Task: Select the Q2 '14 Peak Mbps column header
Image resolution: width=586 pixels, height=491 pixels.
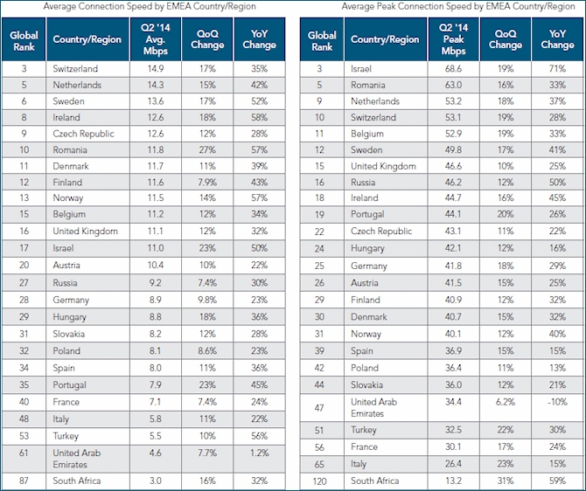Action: coord(453,39)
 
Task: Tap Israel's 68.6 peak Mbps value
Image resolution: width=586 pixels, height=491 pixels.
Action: coord(453,68)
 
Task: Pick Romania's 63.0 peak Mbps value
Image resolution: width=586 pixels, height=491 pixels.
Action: coord(453,85)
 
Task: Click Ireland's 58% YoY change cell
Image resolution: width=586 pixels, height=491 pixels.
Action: coord(260,117)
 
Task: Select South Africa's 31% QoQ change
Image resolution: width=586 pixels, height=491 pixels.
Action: coord(505,480)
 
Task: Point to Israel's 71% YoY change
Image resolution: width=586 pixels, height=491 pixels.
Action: coord(557,68)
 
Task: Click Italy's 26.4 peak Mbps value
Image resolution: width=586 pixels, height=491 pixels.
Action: coord(453,462)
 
